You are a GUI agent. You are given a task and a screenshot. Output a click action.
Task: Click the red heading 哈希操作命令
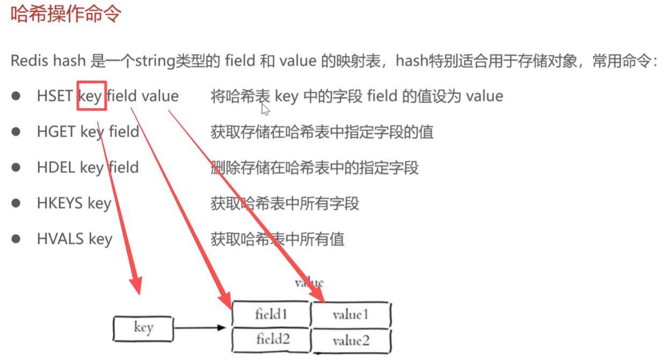point(66,15)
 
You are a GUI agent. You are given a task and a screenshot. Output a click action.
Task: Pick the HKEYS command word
point(60,203)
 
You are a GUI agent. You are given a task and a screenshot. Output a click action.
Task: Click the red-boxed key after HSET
point(91,96)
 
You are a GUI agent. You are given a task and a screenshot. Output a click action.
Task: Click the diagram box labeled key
point(143,328)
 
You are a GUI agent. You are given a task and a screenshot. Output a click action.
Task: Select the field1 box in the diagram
point(271,314)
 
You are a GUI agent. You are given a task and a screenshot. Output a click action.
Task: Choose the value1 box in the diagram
point(351,315)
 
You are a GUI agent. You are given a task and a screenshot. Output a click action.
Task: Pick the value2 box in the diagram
point(351,341)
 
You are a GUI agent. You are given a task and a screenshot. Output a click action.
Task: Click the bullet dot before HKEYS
point(17,203)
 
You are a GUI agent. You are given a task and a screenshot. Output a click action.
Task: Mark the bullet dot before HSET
point(17,96)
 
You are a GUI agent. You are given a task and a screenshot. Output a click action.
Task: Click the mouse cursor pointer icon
point(265,110)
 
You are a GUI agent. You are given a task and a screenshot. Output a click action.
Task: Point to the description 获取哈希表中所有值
point(278,239)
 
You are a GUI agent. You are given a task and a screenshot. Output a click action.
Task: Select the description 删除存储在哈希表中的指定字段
point(315,167)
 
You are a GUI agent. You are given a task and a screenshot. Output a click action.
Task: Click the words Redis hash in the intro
point(48,60)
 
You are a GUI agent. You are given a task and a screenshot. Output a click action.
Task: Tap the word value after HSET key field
point(160,96)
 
